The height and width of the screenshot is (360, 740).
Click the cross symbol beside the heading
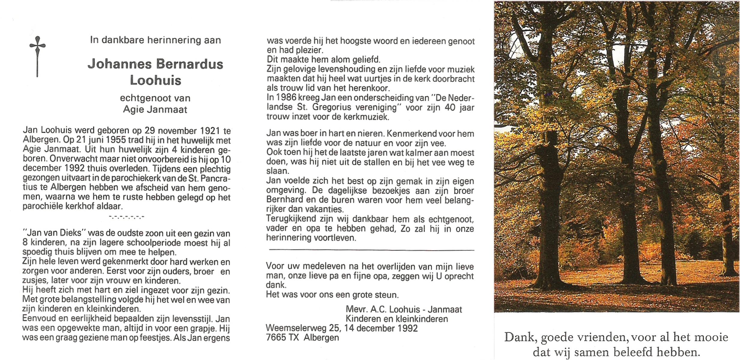point(37,56)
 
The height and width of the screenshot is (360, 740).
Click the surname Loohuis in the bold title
point(156,80)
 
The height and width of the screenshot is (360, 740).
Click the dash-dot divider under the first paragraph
point(127,217)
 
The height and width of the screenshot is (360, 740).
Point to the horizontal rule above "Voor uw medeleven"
point(371,250)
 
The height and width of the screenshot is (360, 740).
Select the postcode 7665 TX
point(282,337)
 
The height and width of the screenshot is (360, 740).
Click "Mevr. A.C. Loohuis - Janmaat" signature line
point(404,309)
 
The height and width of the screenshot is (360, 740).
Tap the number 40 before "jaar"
point(450,107)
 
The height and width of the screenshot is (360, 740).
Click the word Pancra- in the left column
point(214,178)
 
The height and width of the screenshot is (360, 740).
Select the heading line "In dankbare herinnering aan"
point(156,40)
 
